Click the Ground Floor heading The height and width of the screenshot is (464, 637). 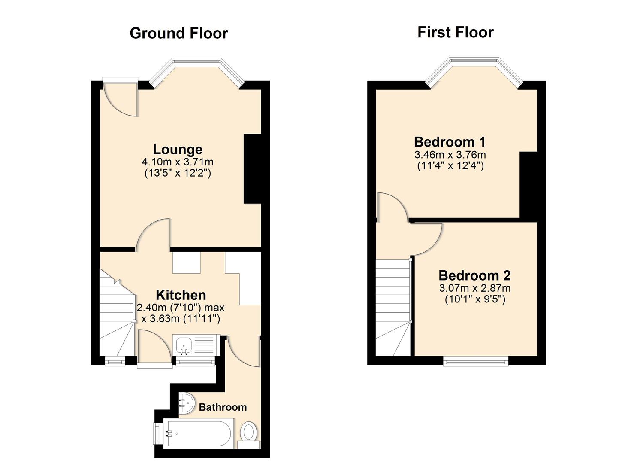(x=178, y=33)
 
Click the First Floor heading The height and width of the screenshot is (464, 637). (x=455, y=32)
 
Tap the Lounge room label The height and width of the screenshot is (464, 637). (x=178, y=149)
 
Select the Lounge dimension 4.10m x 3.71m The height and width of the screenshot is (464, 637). (x=178, y=162)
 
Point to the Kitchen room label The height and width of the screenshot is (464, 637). (x=181, y=295)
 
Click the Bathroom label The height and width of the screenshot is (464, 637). (x=223, y=407)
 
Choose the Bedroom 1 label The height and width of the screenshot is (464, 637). (x=450, y=141)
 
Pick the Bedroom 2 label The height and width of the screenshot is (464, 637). (x=474, y=275)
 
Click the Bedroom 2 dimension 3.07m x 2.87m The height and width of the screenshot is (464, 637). (x=474, y=288)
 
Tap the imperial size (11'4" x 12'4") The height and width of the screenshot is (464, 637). (x=450, y=166)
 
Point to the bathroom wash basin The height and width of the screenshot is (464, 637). (x=186, y=403)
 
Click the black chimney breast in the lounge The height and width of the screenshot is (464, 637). (x=252, y=168)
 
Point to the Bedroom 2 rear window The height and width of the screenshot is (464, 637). (x=475, y=361)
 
